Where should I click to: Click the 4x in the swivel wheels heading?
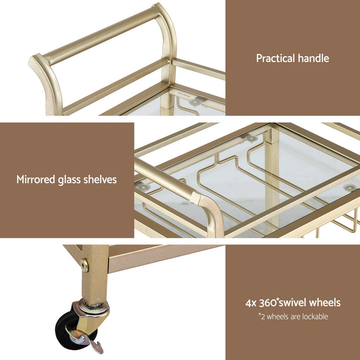click(251, 302)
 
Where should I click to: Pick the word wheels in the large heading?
click(325, 302)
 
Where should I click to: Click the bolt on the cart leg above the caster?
click(84, 265)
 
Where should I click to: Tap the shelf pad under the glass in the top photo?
click(193, 102)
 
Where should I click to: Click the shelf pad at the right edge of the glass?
click(349, 187)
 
